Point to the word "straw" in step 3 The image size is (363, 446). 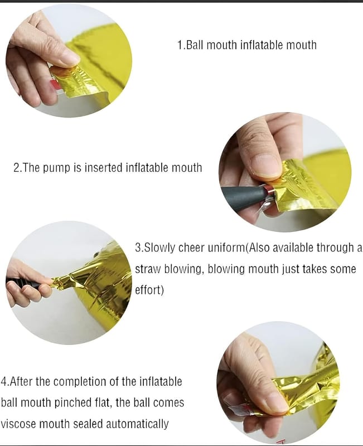(x=148, y=269)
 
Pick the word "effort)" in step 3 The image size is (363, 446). (x=149, y=290)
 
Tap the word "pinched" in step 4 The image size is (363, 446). (x=72, y=403)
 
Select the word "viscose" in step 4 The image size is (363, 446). (x=18, y=424)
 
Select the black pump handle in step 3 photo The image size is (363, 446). (x=23, y=283)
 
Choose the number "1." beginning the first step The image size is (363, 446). (x=181, y=45)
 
